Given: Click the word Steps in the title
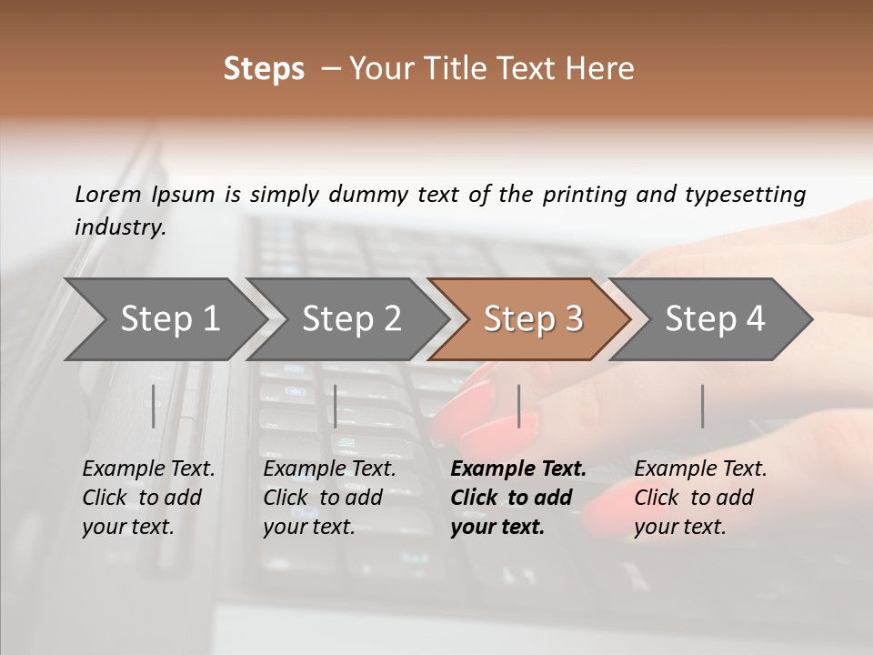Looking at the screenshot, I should click(264, 69).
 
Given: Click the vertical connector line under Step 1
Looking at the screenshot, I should click(154, 406).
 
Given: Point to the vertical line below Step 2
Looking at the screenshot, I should click(336, 406).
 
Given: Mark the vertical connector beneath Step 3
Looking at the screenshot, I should click(518, 406).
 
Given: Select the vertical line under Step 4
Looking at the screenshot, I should click(702, 406).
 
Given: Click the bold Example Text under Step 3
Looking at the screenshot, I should click(517, 498).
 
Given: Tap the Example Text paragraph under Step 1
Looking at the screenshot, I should click(148, 498).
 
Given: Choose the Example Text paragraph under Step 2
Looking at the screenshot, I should click(329, 498).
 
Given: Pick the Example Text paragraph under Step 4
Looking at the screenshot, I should click(700, 498).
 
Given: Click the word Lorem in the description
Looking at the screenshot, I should click(108, 195).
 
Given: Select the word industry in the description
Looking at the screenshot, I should click(119, 227).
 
